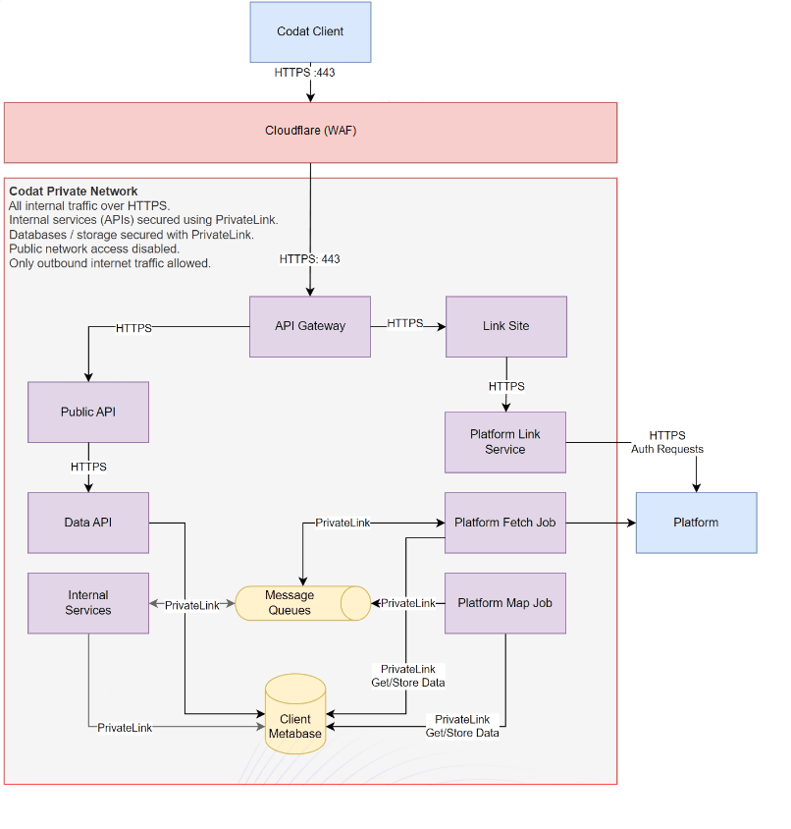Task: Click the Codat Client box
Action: coord(310,32)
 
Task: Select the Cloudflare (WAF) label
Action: coord(310,131)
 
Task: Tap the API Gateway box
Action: coord(310,326)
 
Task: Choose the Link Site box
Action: coord(505,326)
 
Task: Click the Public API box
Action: coord(88,412)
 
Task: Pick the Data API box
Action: coord(88,523)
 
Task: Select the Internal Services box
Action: coord(88,603)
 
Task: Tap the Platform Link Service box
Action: coord(505,442)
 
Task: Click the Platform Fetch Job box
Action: coord(505,523)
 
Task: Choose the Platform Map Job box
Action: coord(505,603)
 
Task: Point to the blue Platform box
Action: coord(696,523)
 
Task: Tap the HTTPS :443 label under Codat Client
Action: coord(310,72)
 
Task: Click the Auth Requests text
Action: coord(667,449)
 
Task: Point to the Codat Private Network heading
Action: coord(74,192)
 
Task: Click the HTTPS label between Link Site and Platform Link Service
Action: coord(506,386)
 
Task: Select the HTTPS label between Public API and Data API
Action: coord(88,467)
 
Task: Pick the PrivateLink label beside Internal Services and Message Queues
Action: coord(191,605)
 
